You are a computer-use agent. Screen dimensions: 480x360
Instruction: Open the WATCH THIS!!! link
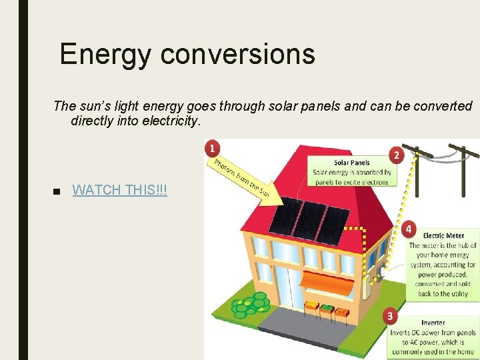[119, 190]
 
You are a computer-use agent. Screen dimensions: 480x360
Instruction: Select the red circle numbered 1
[212, 147]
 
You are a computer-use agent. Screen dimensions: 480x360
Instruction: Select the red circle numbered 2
[397, 155]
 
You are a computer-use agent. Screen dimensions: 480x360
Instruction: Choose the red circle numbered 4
[409, 229]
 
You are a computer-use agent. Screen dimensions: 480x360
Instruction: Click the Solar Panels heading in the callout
[351, 162]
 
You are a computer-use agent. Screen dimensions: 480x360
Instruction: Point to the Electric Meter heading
[443, 235]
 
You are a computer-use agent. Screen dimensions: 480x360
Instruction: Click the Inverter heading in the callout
[433, 323]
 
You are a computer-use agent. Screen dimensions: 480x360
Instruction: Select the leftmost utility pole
[417, 170]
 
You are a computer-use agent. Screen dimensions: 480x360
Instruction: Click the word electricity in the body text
[170, 121]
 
